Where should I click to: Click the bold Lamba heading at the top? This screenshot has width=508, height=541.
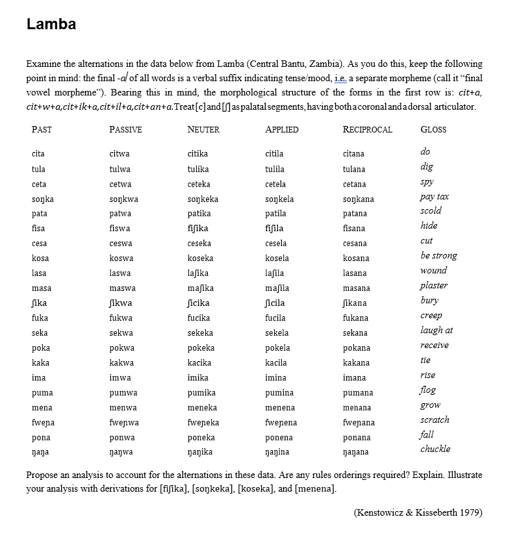pyautogui.click(x=51, y=25)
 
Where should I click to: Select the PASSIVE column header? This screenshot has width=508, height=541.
pyautogui.click(x=125, y=129)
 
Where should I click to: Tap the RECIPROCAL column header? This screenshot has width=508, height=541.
pyautogui.click(x=368, y=129)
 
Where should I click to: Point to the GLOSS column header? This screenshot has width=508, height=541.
pyautogui.click(x=433, y=129)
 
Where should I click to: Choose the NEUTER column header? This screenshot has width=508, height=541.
pyautogui.click(x=203, y=129)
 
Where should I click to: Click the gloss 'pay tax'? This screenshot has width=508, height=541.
pyautogui.click(x=435, y=196)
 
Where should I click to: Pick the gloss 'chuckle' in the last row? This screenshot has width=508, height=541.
pyautogui.click(x=435, y=449)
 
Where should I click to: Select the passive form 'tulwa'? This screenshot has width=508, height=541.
pyautogui.click(x=120, y=169)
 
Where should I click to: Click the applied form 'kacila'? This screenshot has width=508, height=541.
pyautogui.click(x=276, y=363)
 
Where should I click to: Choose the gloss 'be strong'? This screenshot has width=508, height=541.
pyautogui.click(x=438, y=256)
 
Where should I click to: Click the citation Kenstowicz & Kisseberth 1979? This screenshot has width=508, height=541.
pyautogui.click(x=418, y=512)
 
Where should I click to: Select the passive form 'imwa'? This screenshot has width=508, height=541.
pyautogui.click(x=120, y=378)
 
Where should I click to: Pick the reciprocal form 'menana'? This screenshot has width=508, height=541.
pyautogui.click(x=357, y=408)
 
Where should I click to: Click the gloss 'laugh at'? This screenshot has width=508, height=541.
pyautogui.click(x=437, y=331)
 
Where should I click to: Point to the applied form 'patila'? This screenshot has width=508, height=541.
pyautogui.click(x=275, y=214)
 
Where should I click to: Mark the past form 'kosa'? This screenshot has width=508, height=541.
pyautogui.click(x=40, y=258)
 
